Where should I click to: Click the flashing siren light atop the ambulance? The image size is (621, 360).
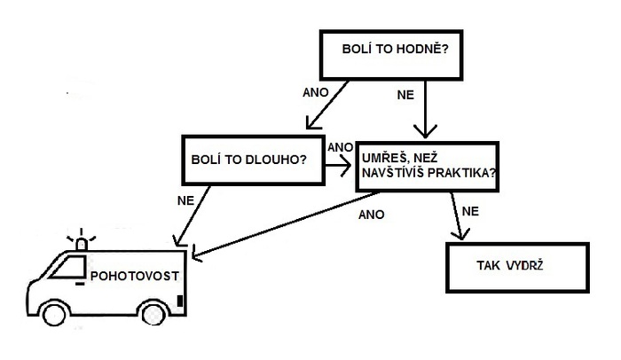[x=83, y=242]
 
